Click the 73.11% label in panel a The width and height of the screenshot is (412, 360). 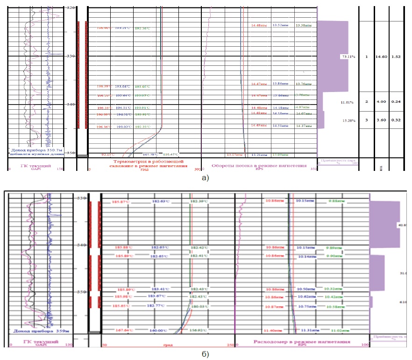(x=348, y=56)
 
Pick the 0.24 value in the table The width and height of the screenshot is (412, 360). (x=396, y=101)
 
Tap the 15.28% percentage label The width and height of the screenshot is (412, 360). (x=349, y=121)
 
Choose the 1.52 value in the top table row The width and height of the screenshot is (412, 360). (x=396, y=56)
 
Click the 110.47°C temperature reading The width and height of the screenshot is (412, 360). (x=171, y=154)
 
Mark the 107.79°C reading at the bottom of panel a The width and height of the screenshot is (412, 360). (x=150, y=154)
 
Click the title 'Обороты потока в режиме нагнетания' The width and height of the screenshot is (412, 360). (x=259, y=166)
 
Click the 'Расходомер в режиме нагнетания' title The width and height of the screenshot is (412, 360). (x=302, y=342)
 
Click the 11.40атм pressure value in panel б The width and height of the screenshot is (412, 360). (x=272, y=331)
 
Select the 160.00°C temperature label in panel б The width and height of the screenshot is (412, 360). (x=158, y=331)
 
